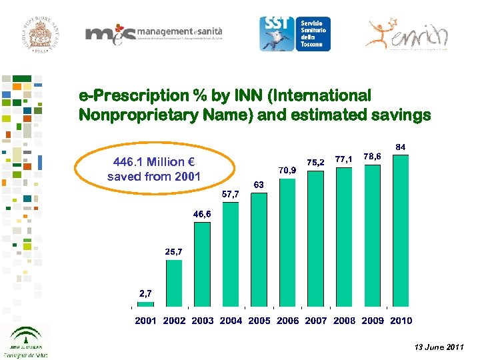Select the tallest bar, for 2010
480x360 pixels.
click(401, 231)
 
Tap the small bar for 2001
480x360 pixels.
click(145, 304)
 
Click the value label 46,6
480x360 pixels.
click(202, 214)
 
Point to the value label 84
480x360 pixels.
click(401, 146)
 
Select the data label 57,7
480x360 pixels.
click(231, 194)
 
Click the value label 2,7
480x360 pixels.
click(146, 293)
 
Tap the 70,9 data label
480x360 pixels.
click(287, 171)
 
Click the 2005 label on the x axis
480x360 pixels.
click(259, 321)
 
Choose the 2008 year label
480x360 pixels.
click(345, 321)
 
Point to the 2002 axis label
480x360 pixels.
click(174, 321)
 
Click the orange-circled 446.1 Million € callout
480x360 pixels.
click(154, 169)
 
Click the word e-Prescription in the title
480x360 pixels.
click(129, 96)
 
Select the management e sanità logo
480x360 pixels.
click(153, 36)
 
